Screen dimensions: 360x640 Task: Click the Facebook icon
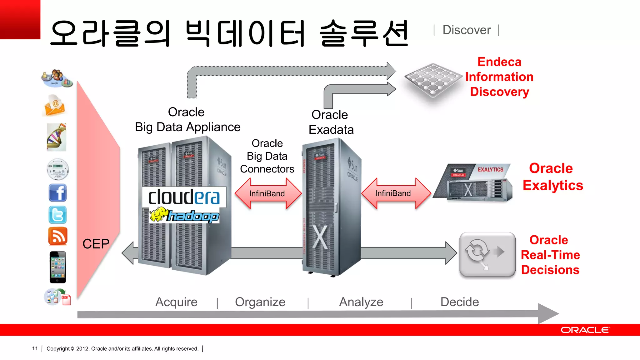57,192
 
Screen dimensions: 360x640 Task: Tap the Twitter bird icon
57,215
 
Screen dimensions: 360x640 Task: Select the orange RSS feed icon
57,236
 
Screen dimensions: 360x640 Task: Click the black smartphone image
58,267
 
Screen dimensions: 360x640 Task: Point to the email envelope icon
55,106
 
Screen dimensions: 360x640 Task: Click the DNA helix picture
57,137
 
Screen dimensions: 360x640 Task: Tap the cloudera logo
184,197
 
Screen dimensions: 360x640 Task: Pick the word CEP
96,244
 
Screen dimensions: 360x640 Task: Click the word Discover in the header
467,30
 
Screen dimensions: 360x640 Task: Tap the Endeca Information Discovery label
499,77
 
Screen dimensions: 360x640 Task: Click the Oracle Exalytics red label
552,177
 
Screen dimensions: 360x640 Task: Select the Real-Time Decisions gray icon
487,254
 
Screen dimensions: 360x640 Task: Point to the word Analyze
361,302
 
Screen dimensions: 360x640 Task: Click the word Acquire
176,302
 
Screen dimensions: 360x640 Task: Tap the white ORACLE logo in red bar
585,330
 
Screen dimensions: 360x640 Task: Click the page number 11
35,348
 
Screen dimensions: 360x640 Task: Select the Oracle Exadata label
331,122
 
